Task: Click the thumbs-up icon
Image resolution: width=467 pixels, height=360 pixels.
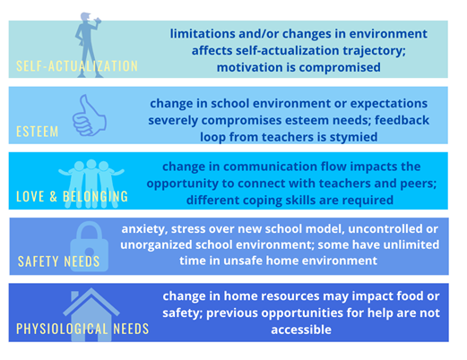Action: point(89,116)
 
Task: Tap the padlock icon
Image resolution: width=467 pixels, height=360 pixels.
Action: point(90,246)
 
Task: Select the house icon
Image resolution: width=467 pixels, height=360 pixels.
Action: point(91,315)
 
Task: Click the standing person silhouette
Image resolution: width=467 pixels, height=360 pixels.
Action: point(88,45)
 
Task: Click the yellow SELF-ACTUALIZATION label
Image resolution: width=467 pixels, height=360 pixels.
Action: point(77,66)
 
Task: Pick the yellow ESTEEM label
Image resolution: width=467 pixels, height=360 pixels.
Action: point(38,132)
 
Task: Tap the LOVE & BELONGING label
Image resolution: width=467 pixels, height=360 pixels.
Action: point(72,196)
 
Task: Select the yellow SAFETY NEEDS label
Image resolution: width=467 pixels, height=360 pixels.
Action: point(58,261)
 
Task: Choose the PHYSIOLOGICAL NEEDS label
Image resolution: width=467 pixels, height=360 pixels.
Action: point(82,329)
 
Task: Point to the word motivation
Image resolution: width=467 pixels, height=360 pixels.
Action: point(250,67)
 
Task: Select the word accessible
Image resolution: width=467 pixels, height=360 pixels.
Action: point(301,330)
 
